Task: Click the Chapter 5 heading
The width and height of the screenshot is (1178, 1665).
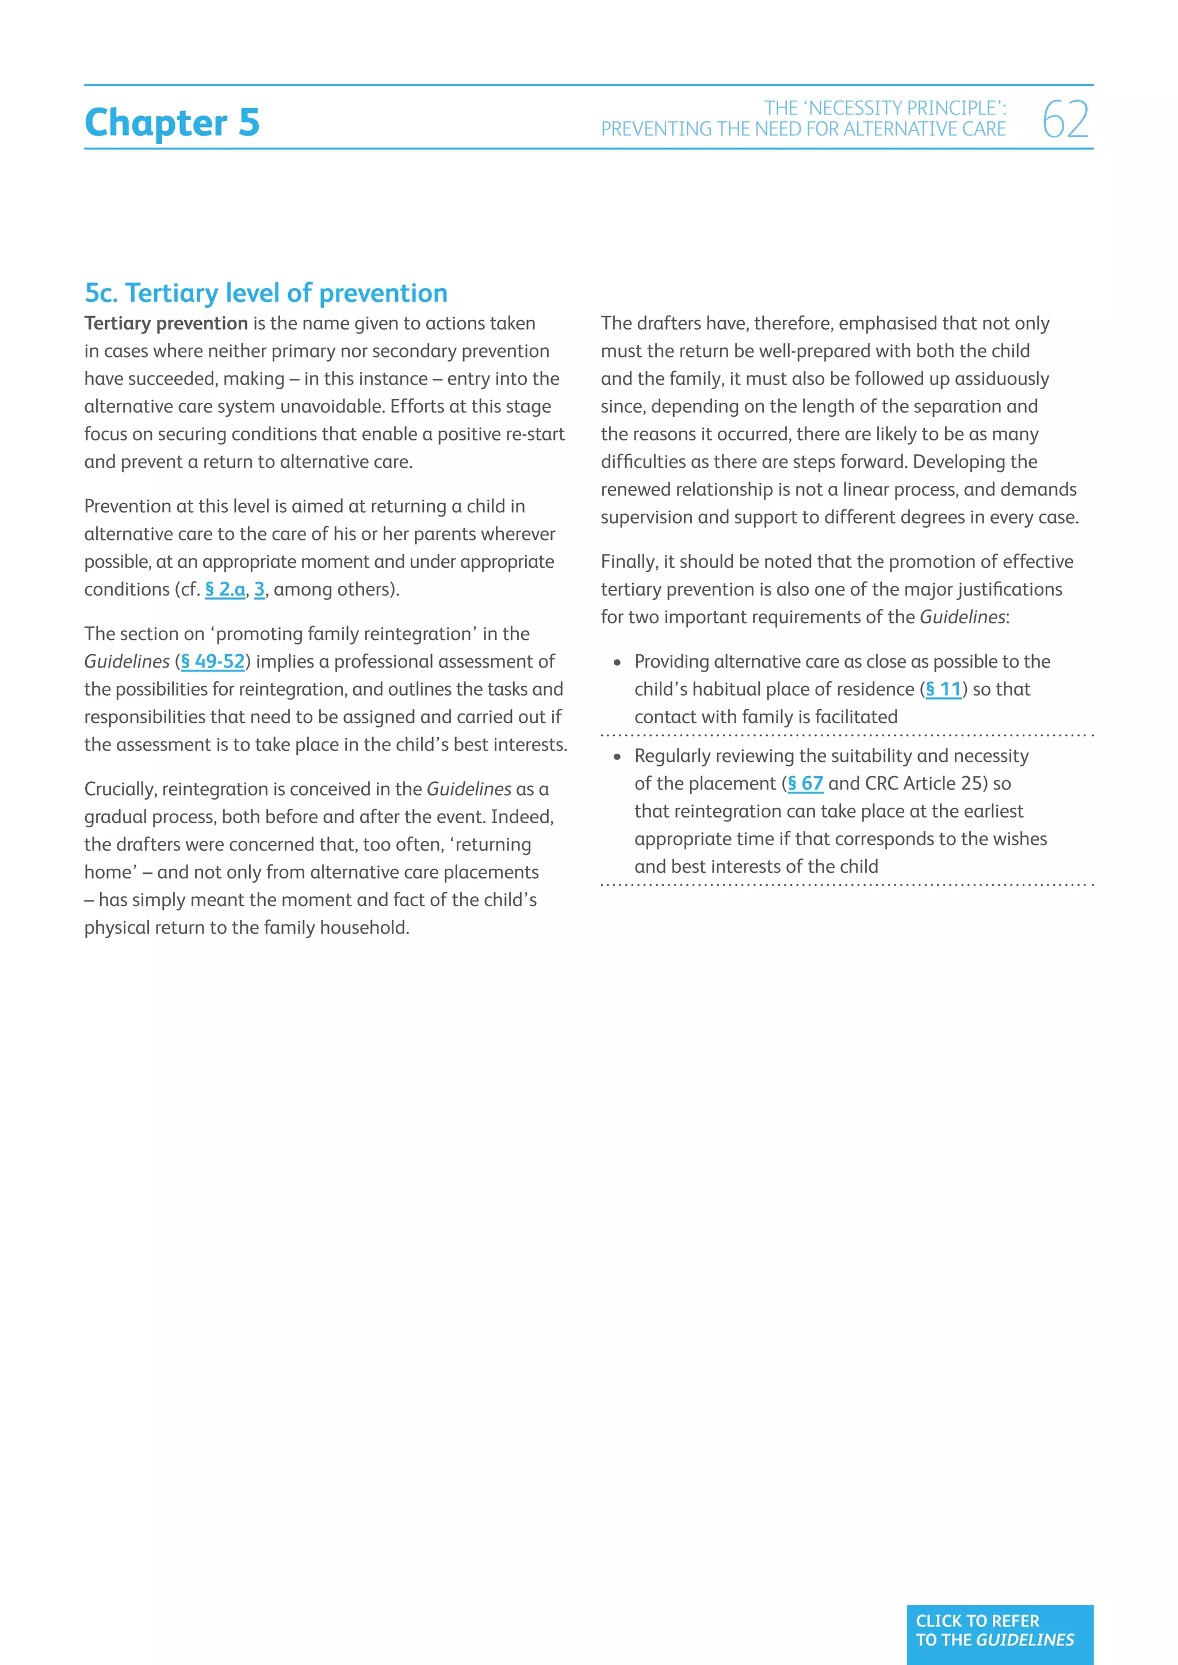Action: pyautogui.click(x=172, y=122)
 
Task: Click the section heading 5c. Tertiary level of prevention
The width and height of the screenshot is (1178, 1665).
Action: pyautogui.click(x=266, y=293)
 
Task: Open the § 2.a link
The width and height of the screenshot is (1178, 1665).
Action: pyautogui.click(x=225, y=589)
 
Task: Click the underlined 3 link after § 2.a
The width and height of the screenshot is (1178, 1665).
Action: pyautogui.click(x=259, y=589)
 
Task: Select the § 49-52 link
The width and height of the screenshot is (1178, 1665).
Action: pyautogui.click(x=212, y=661)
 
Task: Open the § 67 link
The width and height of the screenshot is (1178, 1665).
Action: pyautogui.click(x=805, y=783)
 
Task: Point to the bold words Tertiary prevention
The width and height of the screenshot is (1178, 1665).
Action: pyautogui.click(x=166, y=324)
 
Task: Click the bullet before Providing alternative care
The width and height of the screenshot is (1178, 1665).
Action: pyautogui.click(x=617, y=663)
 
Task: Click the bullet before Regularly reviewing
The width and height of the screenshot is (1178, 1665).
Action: pyautogui.click(x=617, y=757)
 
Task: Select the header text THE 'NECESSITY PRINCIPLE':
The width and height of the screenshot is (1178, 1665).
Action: pyautogui.click(x=885, y=108)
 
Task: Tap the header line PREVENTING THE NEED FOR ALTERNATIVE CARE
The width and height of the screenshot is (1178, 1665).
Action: pyautogui.click(x=803, y=129)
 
